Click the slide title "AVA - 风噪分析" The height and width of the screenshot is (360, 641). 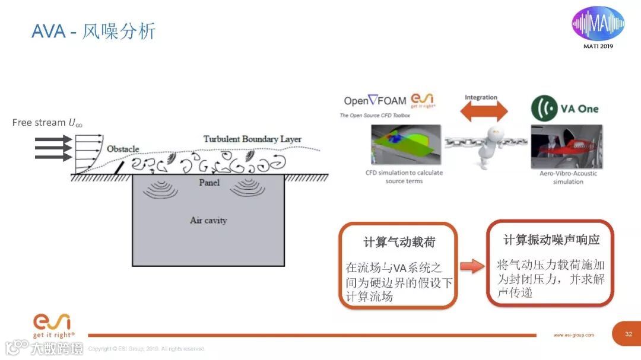pos(93,31)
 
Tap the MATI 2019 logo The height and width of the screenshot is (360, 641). pos(598,26)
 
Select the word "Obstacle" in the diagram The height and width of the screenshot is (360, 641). pos(123,148)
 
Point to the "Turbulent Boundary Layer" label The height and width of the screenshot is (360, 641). pos(252,139)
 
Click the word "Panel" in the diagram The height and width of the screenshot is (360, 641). pos(209,182)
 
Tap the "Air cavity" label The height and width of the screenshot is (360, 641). pos(208,220)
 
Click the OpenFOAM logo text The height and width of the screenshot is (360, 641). pos(376,101)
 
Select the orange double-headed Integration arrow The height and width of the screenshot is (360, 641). pos(486,111)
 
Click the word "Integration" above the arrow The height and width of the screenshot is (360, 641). pos(481,97)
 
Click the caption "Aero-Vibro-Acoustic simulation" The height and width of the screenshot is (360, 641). pos(568,177)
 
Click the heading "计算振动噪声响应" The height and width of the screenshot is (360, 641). pos(551,240)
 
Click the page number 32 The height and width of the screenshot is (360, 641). pos(629,334)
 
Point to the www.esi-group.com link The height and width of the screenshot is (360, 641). pos(573,335)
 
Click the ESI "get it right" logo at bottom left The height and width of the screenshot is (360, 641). pos(53,326)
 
